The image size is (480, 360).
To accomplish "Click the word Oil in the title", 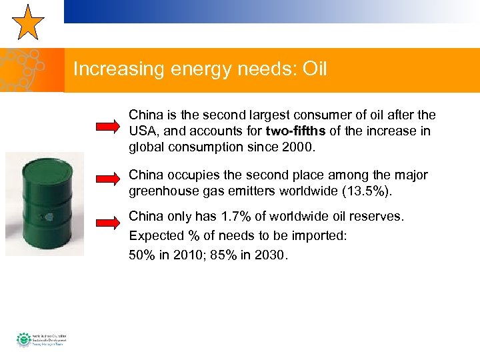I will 313,69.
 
